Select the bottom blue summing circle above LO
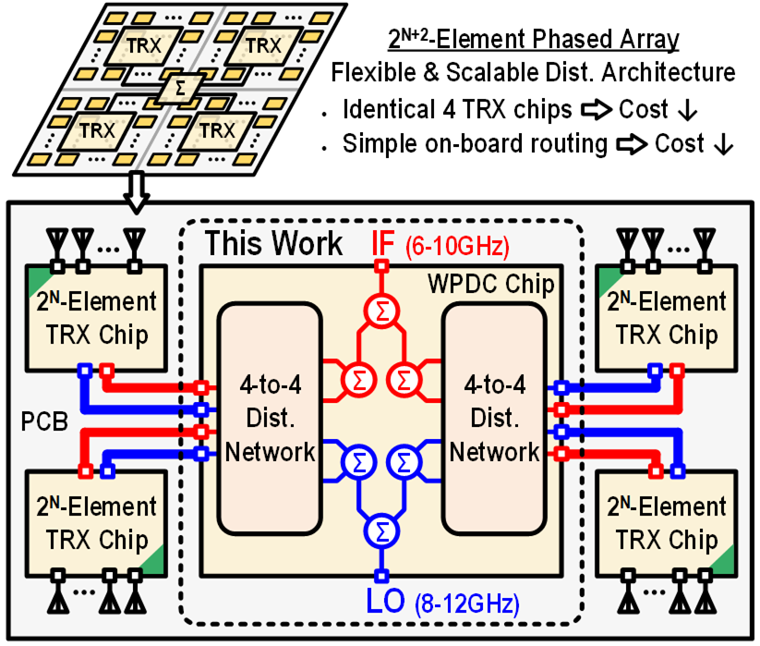380,530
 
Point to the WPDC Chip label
503,285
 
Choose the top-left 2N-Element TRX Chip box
98,317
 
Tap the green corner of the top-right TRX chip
608,276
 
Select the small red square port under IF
380,267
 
